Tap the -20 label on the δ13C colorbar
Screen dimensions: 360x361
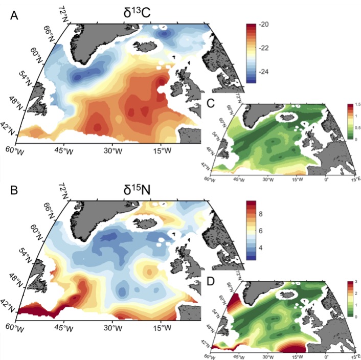[x=267, y=25]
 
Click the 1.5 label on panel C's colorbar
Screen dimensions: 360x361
[x=350, y=104]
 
